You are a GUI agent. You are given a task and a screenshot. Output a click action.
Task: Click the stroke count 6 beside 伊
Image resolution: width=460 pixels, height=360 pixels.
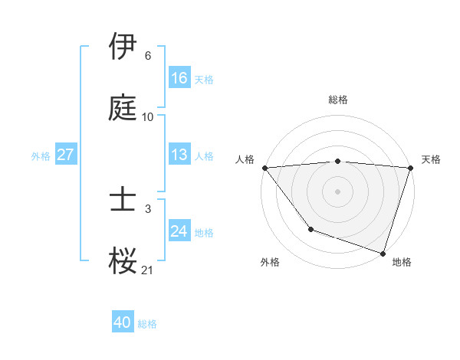point(148,56)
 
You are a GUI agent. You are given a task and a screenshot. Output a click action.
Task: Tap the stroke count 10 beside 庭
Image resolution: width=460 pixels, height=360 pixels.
point(148,117)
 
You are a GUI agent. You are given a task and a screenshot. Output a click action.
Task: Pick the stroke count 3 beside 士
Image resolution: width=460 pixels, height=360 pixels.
point(148,209)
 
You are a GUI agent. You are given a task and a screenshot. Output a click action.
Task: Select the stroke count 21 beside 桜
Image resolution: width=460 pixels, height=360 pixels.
point(148,270)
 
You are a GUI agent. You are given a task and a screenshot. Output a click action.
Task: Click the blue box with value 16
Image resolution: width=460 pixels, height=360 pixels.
point(179,78)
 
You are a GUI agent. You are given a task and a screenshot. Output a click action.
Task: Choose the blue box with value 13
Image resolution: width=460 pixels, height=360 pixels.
point(179,155)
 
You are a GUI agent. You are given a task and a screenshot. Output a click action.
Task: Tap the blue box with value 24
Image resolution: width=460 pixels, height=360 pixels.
point(179,231)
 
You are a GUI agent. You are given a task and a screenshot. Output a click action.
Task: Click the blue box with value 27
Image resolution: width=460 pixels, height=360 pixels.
point(65,155)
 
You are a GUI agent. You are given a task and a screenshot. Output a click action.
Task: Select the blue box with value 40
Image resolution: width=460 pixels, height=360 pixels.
point(123,323)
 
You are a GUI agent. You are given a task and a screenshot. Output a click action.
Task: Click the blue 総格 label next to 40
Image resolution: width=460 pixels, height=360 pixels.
point(148,324)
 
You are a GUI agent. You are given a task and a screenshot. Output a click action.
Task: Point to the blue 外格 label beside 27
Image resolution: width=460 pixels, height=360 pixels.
point(41,155)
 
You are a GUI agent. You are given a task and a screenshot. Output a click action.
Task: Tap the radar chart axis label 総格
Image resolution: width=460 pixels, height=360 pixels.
point(338,100)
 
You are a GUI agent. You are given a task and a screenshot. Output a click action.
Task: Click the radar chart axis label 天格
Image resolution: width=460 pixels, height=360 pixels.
point(432,159)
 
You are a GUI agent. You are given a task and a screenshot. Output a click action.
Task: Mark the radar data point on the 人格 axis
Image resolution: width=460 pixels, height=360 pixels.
point(264,168)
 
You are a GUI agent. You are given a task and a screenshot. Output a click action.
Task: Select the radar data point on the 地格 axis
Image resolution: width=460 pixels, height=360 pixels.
point(383,253)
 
